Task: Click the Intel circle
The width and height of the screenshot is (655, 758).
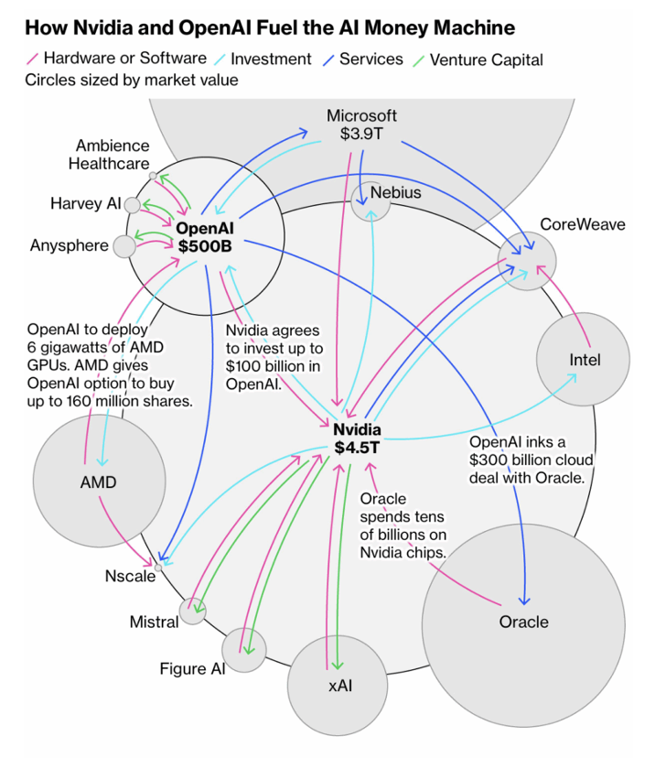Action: [x=584, y=359]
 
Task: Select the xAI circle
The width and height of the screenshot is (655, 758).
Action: [x=334, y=684]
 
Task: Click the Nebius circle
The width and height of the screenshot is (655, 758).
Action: [x=371, y=200]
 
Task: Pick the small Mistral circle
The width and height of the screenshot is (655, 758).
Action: [x=192, y=611]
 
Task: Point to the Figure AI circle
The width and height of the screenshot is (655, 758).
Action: [x=243, y=650]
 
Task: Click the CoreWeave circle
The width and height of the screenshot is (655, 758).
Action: [x=528, y=262]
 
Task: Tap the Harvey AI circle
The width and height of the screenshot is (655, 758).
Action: [x=133, y=205]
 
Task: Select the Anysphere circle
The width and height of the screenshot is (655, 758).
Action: [x=123, y=245]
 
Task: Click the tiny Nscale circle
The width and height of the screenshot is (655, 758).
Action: [x=158, y=568]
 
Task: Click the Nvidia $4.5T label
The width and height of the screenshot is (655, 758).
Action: [x=356, y=439]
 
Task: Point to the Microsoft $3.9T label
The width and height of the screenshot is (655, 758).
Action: [x=361, y=125]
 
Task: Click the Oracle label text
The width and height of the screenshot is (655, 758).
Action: [x=523, y=622]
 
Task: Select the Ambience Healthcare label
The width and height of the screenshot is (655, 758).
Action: [x=112, y=155]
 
